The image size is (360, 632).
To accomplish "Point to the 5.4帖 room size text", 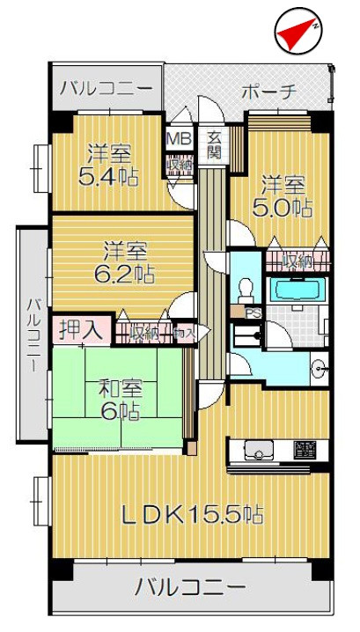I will click(108, 176).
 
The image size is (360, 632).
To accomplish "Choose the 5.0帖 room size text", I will click(283, 208).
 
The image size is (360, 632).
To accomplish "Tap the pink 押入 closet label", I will click(79, 330).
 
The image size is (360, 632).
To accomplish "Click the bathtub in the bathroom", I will click(296, 290).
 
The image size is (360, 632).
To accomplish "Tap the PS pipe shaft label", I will click(253, 312).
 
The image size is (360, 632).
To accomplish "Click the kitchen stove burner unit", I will click(305, 451).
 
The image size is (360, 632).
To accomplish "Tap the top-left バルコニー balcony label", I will click(106, 89).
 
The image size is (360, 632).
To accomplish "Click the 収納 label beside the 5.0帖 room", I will click(297, 261).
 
